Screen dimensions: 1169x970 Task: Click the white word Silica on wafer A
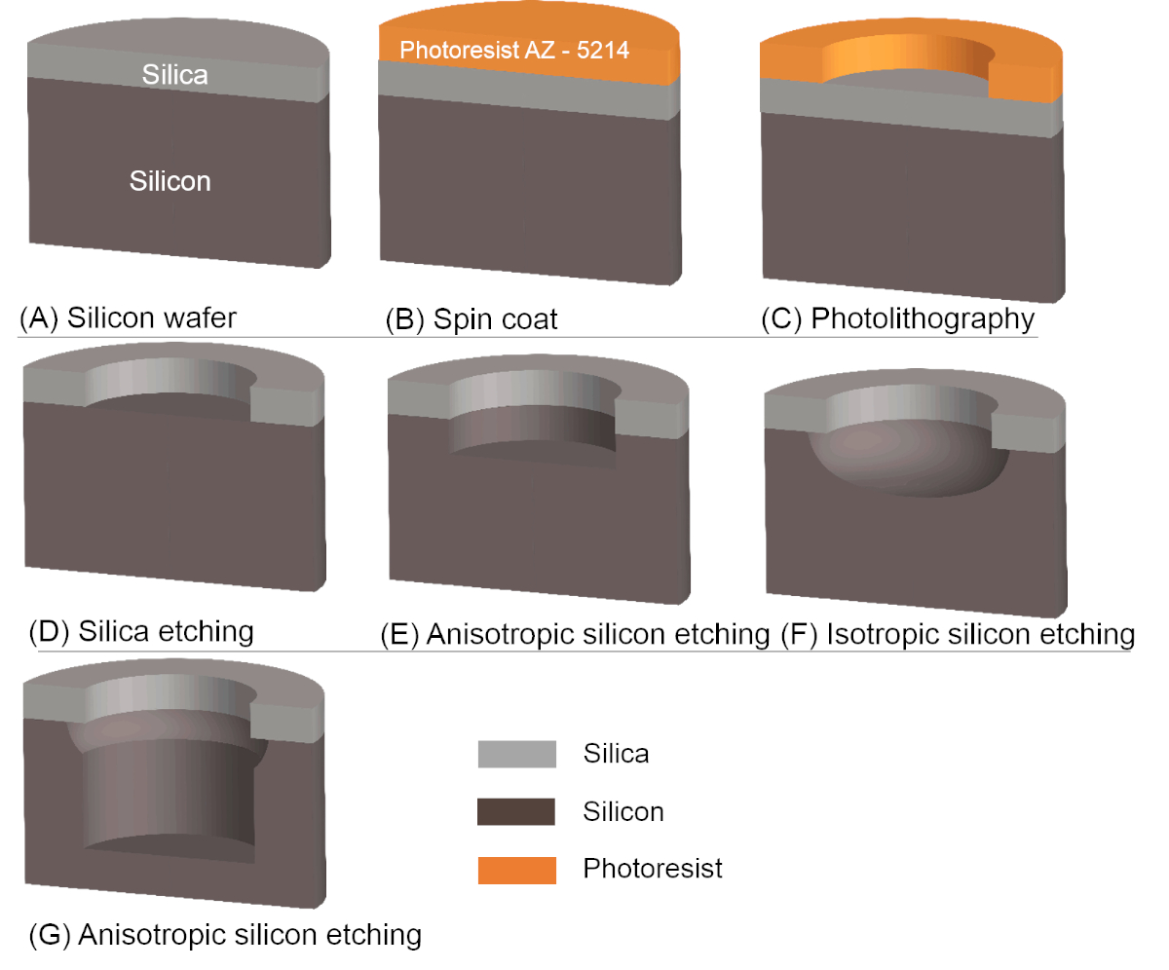click(175, 74)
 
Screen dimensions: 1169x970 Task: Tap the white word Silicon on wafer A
click(170, 181)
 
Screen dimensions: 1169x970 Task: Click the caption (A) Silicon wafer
click(128, 318)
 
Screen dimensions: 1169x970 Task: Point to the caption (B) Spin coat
click(471, 318)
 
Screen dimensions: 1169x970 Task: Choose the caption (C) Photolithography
click(898, 318)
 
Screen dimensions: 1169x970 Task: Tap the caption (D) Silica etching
click(136, 631)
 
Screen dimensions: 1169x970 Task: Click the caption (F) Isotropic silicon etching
click(959, 635)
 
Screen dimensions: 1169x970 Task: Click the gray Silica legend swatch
click(516, 754)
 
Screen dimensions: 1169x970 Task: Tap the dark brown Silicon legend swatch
click(516, 811)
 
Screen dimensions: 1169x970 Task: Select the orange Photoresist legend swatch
click(516, 869)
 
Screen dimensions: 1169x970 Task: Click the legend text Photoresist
click(653, 869)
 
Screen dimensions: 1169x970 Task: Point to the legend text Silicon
click(623, 811)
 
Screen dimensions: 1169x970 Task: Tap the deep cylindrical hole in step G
click(170, 789)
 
